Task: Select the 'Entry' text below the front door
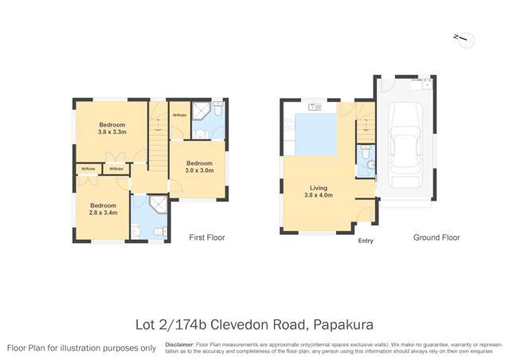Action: [x=366, y=241]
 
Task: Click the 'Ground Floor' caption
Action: [x=436, y=237]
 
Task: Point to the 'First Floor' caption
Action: [x=206, y=237]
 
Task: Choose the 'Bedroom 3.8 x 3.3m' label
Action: [x=112, y=128]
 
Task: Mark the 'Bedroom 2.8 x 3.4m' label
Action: [x=103, y=209]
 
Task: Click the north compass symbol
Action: [x=461, y=38]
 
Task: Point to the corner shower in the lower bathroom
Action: [x=159, y=205]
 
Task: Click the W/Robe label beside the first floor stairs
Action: [x=179, y=115]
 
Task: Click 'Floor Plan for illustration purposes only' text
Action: [x=81, y=348]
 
